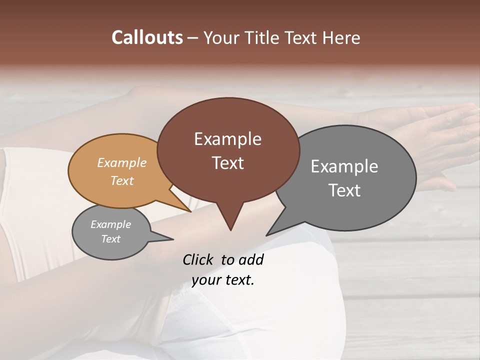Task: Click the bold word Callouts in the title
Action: point(147,37)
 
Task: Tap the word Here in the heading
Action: point(341,37)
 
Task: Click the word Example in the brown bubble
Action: point(227,139)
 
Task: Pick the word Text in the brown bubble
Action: point(227,163)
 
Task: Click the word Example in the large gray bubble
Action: point(344,166)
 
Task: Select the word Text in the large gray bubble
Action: point(344,190)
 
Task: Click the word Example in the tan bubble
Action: point(122,162)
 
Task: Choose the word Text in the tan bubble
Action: point(122,180)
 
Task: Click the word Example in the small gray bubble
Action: point(110,224)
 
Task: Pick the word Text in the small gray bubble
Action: point(110,239)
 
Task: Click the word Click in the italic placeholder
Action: point(198,259)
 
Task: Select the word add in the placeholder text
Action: point(251,259)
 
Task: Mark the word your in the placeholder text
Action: point(206,280)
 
